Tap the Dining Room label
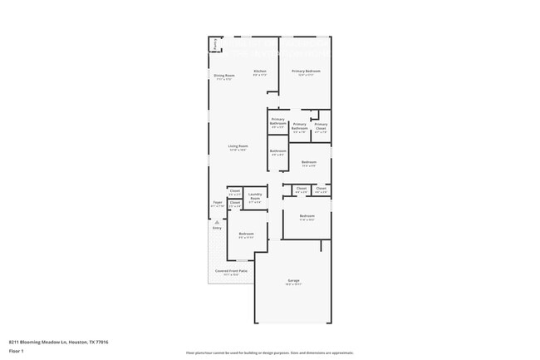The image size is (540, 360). click(224, 76)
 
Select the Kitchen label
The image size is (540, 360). click(260, 72)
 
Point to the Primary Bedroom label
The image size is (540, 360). click(305, 72)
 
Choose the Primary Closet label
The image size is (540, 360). click(321, 126)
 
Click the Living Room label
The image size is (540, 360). click(239, 146)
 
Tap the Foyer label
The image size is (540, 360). click(216, 202)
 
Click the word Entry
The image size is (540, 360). click(217, 228)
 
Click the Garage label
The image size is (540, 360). click(293, 280)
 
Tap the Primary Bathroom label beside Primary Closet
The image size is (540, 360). click(300, 126)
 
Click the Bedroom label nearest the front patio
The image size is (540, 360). click(246, 234)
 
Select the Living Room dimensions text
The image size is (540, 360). click(239, 150)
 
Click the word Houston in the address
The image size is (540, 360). click(77, 342)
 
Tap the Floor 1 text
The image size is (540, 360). click(17, 352)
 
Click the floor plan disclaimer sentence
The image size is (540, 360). click(270, 353)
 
